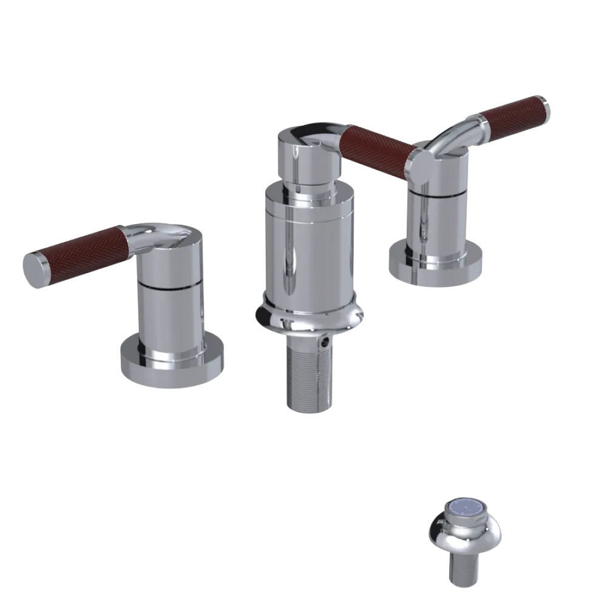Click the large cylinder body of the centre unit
point(309,249)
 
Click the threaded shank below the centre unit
point(308,379)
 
